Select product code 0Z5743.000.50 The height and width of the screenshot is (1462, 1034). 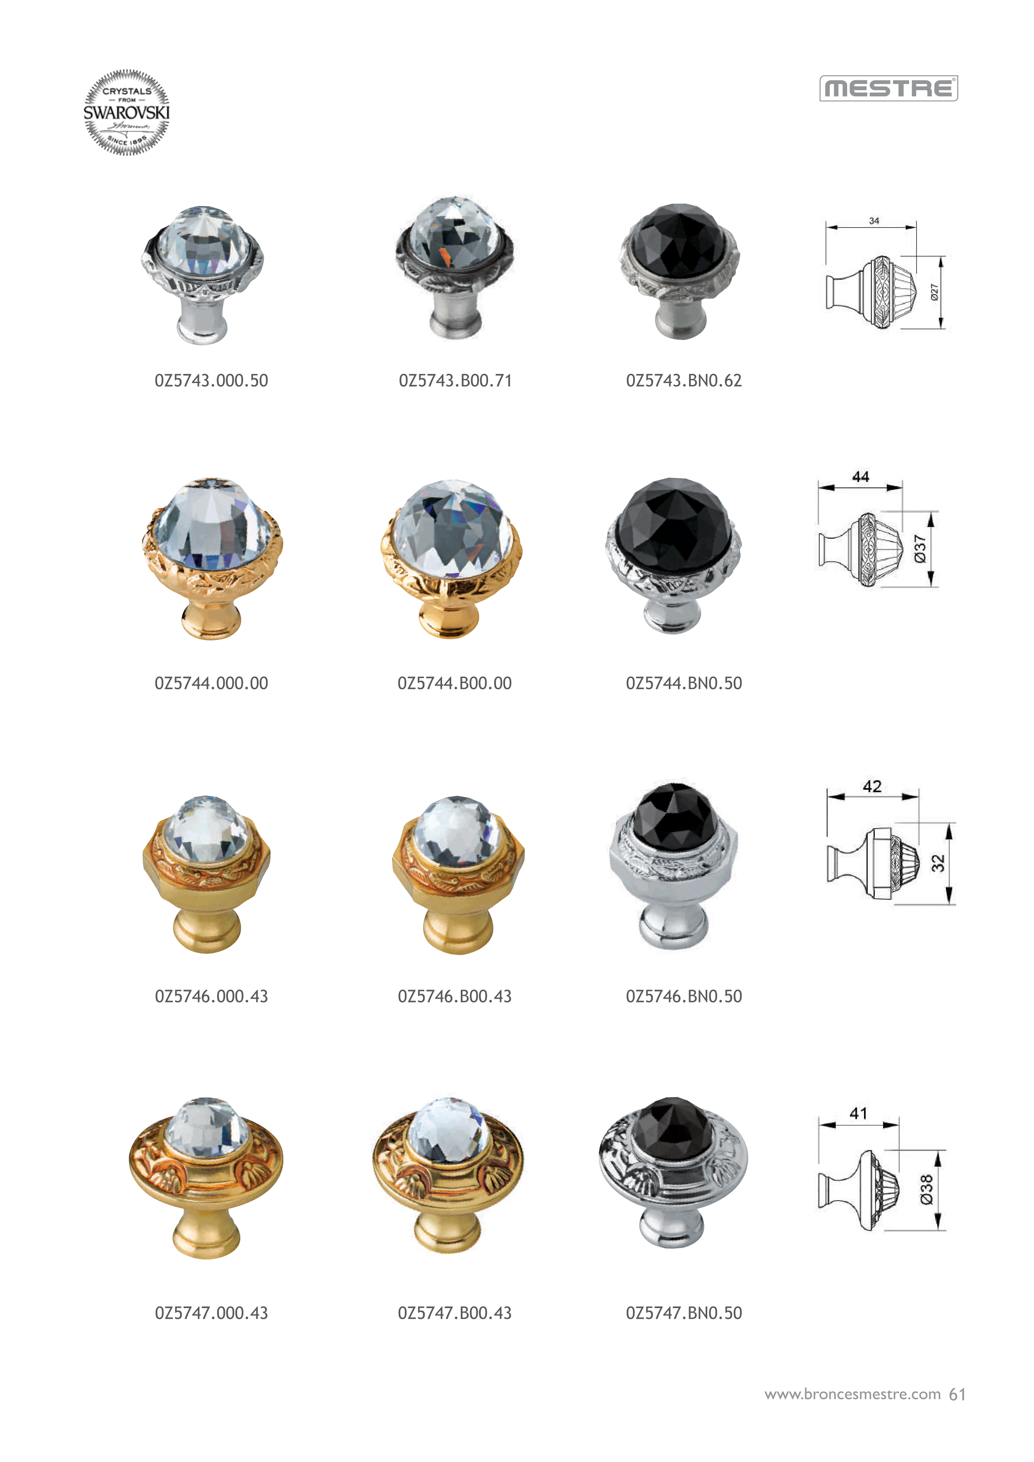tap(211, 381)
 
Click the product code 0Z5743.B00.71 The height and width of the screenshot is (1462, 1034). tap(455, 381)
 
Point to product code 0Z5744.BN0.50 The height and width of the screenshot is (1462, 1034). tap(684, 683)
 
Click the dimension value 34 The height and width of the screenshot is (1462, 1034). tap(874, 220)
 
